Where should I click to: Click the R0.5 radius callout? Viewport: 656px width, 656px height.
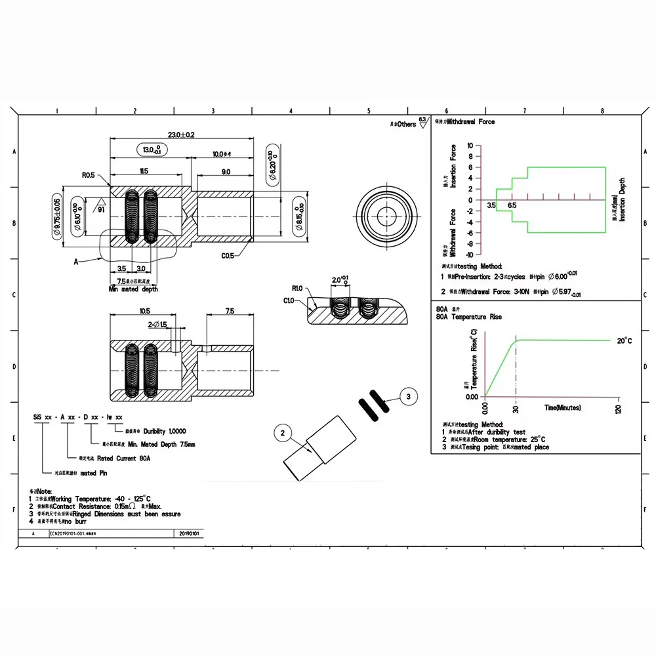coord(89,176)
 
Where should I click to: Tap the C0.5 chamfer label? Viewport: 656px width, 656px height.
coord(228,255)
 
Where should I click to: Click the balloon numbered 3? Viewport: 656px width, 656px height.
coord(408,396)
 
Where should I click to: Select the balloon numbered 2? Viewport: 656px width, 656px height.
coord(283,432)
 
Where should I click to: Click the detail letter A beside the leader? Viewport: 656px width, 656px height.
coord(76,261)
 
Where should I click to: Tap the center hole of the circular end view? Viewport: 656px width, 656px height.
coord(387,216)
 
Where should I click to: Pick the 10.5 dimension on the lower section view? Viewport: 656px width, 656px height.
coord(145,311)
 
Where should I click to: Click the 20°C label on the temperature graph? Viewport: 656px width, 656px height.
coord(625,340)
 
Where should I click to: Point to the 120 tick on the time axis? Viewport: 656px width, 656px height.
coord(618,409)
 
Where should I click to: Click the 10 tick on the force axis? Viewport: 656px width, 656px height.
coord(470,146)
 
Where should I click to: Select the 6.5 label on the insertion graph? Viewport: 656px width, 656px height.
coord(511,205)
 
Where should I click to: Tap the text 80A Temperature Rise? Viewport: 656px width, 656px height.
coord(468,317)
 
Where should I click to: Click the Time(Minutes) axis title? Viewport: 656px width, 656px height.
coord(563,407)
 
